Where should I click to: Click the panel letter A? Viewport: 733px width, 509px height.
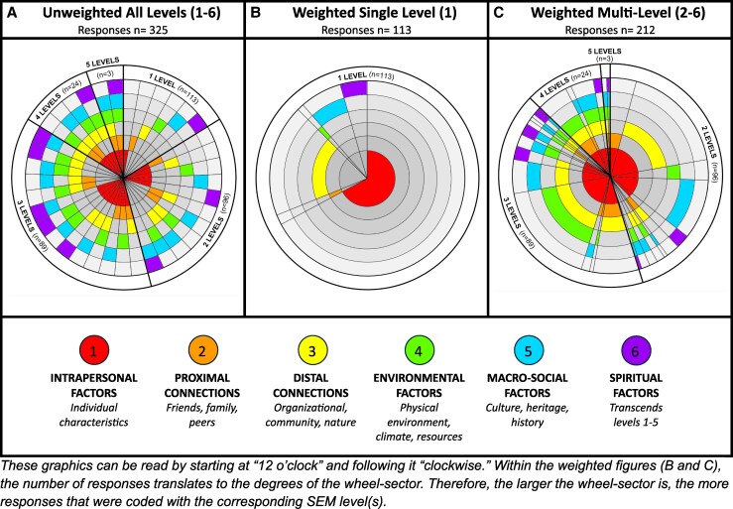pyautogui.click(x=13, y=12)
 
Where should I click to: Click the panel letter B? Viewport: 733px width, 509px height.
pyautogui.click(x=256, y=12)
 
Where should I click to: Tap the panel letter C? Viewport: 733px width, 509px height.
pyautogui.click(x=499, y=12)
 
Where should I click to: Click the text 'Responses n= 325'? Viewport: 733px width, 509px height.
pyautogui.click(x=123, y=30)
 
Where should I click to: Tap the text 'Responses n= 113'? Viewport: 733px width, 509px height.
pyautogui.click(x=366, y=30)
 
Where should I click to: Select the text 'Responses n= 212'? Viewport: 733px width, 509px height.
pyautogui.click(x=610, y=30)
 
